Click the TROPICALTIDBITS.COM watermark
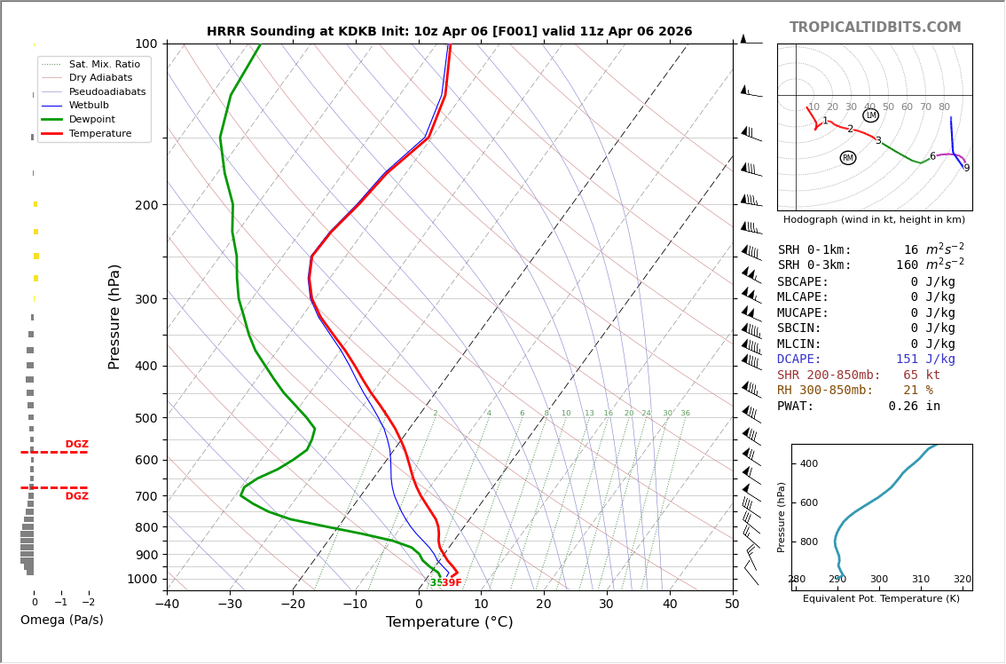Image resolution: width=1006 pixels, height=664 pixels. (875, 27)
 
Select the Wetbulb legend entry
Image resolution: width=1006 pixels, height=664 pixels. (90, 106)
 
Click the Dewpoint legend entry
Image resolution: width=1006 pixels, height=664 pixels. (92, 120)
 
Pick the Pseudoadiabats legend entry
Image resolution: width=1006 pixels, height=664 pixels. (108, 91)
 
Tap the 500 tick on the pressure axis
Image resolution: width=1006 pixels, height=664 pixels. (146, 418)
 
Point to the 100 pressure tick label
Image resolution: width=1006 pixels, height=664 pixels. (146, 43)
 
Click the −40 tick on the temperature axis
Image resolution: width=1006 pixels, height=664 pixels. (168, 604)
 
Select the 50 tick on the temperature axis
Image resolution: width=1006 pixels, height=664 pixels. (732, 604)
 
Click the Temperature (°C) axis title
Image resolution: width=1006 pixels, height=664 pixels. (449, 621)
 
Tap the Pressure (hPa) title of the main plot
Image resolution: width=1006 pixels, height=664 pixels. (114, 317)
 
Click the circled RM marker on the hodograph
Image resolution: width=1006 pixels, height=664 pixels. (848, 157)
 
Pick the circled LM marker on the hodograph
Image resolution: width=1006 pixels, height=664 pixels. (870, 115)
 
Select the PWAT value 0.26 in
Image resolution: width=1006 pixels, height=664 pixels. (915, 406)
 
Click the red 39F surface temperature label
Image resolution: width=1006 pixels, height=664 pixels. (452, 582)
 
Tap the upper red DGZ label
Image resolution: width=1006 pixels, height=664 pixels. (77, 445)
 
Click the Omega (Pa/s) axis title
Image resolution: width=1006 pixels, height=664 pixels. (61, 620)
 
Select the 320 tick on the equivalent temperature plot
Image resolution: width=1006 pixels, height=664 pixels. (963, 580)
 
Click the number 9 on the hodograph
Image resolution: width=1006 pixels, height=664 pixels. (967, 169)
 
